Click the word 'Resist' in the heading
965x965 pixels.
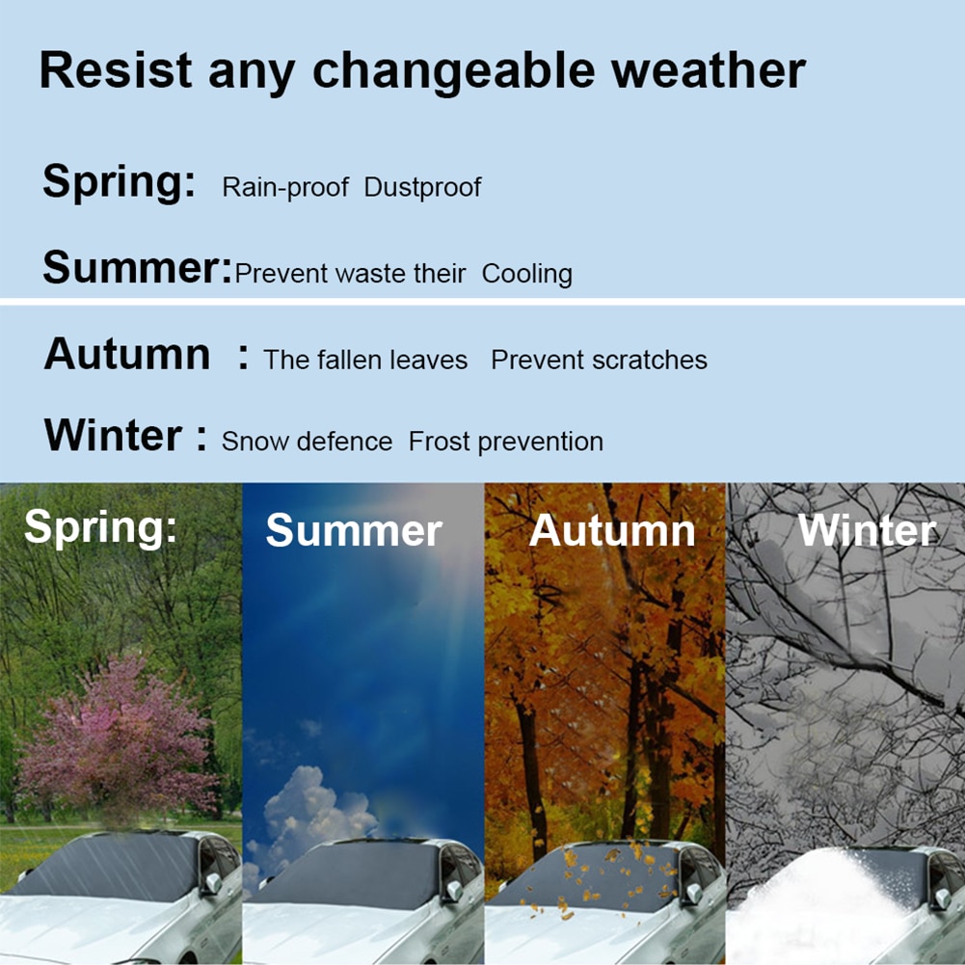116,71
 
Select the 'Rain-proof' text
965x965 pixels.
284,187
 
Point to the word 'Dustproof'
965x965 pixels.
422,187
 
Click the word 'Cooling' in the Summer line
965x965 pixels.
526,274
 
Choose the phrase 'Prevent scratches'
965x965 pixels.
599,361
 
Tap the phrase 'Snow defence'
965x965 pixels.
307,442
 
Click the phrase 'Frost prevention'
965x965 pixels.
506,442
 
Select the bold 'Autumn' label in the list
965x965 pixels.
126,355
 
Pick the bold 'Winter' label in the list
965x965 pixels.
112,436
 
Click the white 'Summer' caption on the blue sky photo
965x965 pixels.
354,531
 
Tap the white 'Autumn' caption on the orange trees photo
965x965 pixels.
612,531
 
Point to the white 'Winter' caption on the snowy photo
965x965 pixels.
867,531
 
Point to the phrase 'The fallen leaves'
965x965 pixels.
365,361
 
